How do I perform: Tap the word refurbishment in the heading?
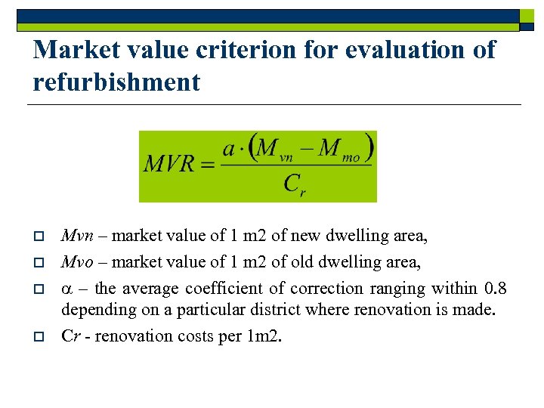117,82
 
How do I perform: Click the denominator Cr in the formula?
295,184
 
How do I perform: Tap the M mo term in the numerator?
339,149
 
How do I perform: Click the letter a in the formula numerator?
229,149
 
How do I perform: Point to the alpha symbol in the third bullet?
66,289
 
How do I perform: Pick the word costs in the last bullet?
194,336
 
